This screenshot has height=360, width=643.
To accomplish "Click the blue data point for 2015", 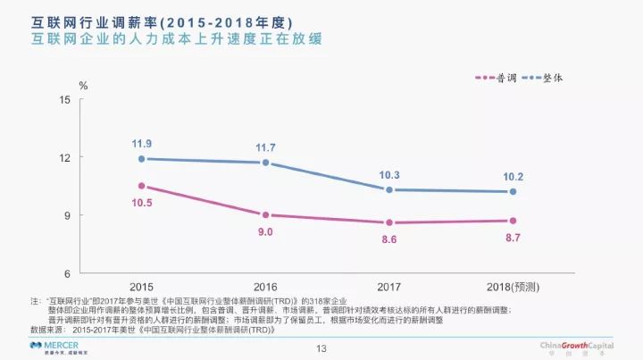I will tap(141, 159).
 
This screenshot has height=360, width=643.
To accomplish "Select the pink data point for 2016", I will tap(265, 214).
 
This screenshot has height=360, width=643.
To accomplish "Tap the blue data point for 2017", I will tap(389, 189).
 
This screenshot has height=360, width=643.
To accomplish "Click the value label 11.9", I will tap(141, 143).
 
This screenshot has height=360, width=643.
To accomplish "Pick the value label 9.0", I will tap(265, 231).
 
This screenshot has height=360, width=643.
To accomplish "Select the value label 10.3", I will tap(389, 174).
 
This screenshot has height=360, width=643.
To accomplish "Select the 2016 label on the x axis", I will tap(265, 287).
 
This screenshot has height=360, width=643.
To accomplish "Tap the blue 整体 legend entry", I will tap(549, 78).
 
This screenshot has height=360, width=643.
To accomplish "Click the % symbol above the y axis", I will tap(84, 86).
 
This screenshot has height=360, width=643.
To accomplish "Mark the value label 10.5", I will tap(141, 203).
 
